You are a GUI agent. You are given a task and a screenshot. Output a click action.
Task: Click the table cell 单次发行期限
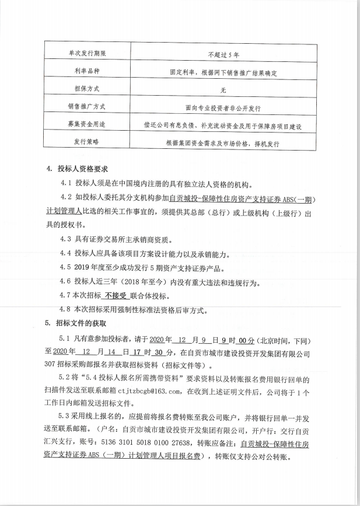pos(88,54)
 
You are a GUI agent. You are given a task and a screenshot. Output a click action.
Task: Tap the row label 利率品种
pos(88,72)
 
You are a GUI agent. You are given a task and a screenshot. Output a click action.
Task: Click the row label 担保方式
pos(88,90)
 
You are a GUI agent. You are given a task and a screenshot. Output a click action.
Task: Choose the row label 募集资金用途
pos(87,124)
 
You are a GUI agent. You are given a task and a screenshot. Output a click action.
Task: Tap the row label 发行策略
pos(88,142)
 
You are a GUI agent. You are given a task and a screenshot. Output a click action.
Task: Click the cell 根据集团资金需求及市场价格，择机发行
pos(223,142)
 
